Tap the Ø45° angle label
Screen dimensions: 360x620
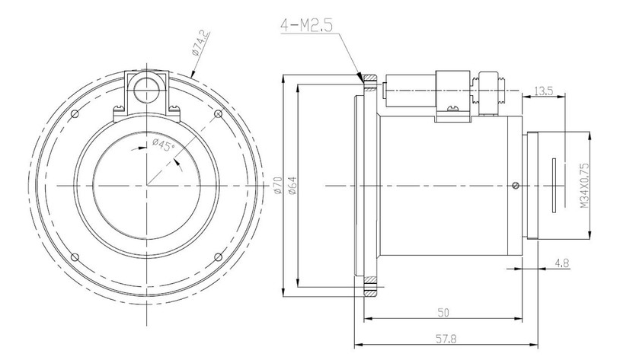pos(165,144)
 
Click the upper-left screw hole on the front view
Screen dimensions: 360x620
pos(74,115)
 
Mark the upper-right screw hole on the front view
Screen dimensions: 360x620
pos(219,115)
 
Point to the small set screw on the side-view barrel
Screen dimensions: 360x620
pos(516,185)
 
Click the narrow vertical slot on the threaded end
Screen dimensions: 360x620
pos(554,185)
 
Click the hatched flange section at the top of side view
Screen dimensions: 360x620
pos(371,79)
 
